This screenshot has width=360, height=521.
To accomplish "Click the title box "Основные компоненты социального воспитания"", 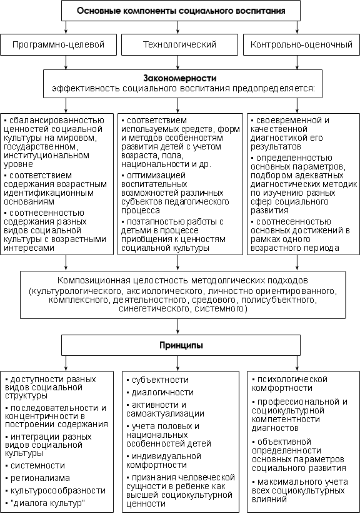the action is coord(181,11).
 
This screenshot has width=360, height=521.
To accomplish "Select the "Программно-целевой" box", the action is coord(59,44).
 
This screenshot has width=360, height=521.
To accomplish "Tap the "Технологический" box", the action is coord(179,44).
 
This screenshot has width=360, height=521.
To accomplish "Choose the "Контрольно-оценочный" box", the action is coord(301,44).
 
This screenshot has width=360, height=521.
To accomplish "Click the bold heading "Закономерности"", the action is coord(179,78).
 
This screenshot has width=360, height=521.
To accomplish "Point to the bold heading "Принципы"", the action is coord(181,345).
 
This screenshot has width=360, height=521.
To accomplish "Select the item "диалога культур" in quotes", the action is coord(48,503).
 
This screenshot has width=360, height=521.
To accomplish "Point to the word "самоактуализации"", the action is coord(165,414).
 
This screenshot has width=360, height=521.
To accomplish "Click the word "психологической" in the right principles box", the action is coord(292,380).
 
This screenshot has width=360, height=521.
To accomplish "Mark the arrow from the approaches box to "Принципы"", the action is coord(178,326).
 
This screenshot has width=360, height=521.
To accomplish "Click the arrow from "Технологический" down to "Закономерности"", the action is coord(178,62).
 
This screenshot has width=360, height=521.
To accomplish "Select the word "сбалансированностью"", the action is coord(56,120).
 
